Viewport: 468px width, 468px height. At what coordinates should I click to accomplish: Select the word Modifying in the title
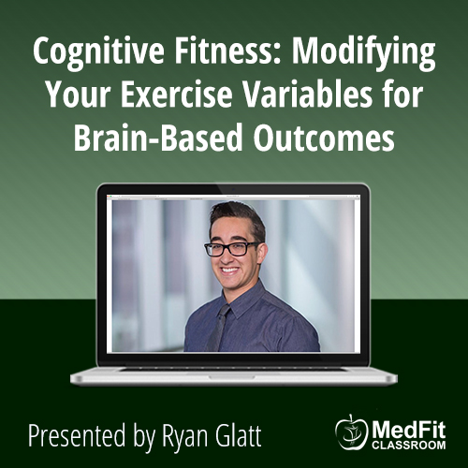point(363,53)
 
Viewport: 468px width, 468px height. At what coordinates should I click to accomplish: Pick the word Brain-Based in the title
point(158,137)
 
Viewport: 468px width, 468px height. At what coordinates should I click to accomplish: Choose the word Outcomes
point(324,138)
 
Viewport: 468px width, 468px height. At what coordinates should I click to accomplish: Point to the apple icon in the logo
point(352,432)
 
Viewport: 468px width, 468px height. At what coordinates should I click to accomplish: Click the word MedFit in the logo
point(409,431)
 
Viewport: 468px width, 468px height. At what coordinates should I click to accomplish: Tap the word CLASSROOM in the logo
point(409,445)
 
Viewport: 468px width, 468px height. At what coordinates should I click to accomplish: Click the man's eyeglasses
point(232,249)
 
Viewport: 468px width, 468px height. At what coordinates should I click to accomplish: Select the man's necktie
point(217,328)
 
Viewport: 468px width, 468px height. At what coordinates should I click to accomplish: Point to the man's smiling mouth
point(230,271)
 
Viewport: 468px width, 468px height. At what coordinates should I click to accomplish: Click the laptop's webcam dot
point(233,189)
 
